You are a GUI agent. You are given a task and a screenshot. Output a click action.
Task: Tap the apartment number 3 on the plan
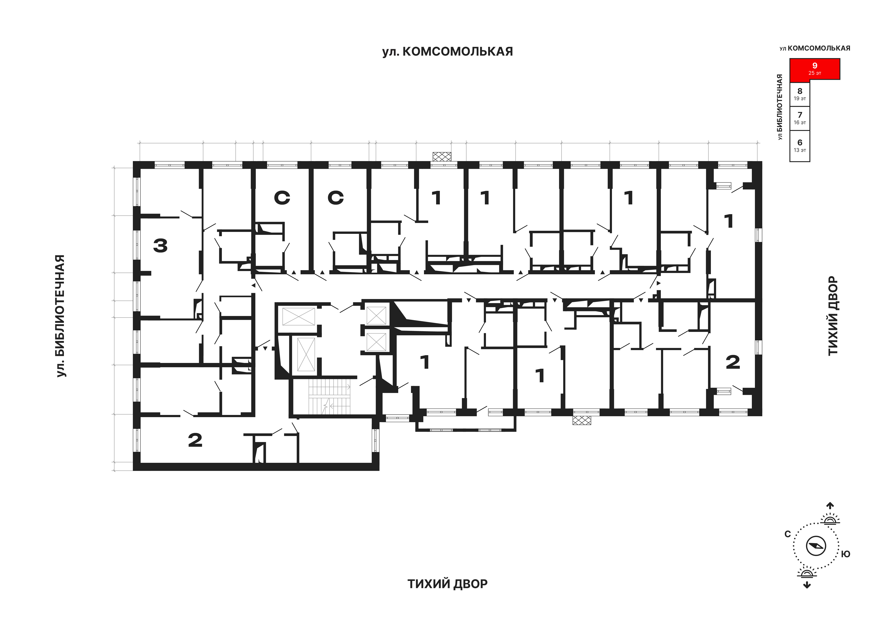pos(160,245)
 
